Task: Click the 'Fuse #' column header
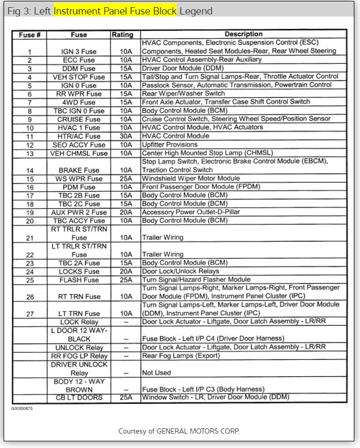click(30, 35)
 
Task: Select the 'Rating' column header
click(122, 35)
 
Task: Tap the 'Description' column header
click(243, 35)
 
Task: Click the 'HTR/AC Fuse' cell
click(79, 136)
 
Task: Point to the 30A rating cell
click(125, 136)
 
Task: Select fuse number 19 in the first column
click(30, 212)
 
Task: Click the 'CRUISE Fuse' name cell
click(79, 119)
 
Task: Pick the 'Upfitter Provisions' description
click(170, 145)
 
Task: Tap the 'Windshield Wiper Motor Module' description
click(191, 178)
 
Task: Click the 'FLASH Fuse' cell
click(79, 280)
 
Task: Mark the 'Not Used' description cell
click(156, 372)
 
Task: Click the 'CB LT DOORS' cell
click(79, 397)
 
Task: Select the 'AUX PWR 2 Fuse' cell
click(79, 212)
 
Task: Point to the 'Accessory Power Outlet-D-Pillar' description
click(191, 212)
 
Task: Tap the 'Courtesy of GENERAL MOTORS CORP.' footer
click(179, 431)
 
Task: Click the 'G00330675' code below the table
click(22, 407)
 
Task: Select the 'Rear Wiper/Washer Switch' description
click(183, 94)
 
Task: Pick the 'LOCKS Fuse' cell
click(79, 272)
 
